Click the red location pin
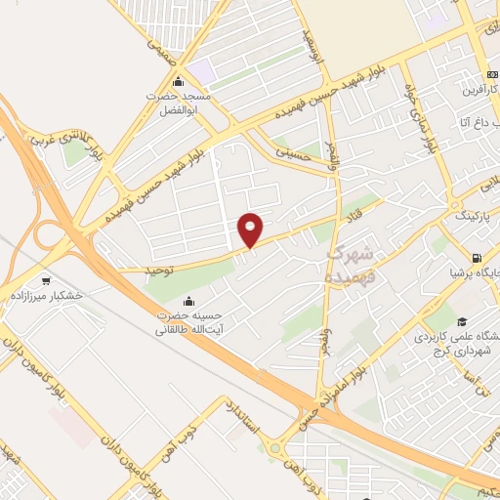250,229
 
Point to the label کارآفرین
473,89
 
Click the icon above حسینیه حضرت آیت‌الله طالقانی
188,301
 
